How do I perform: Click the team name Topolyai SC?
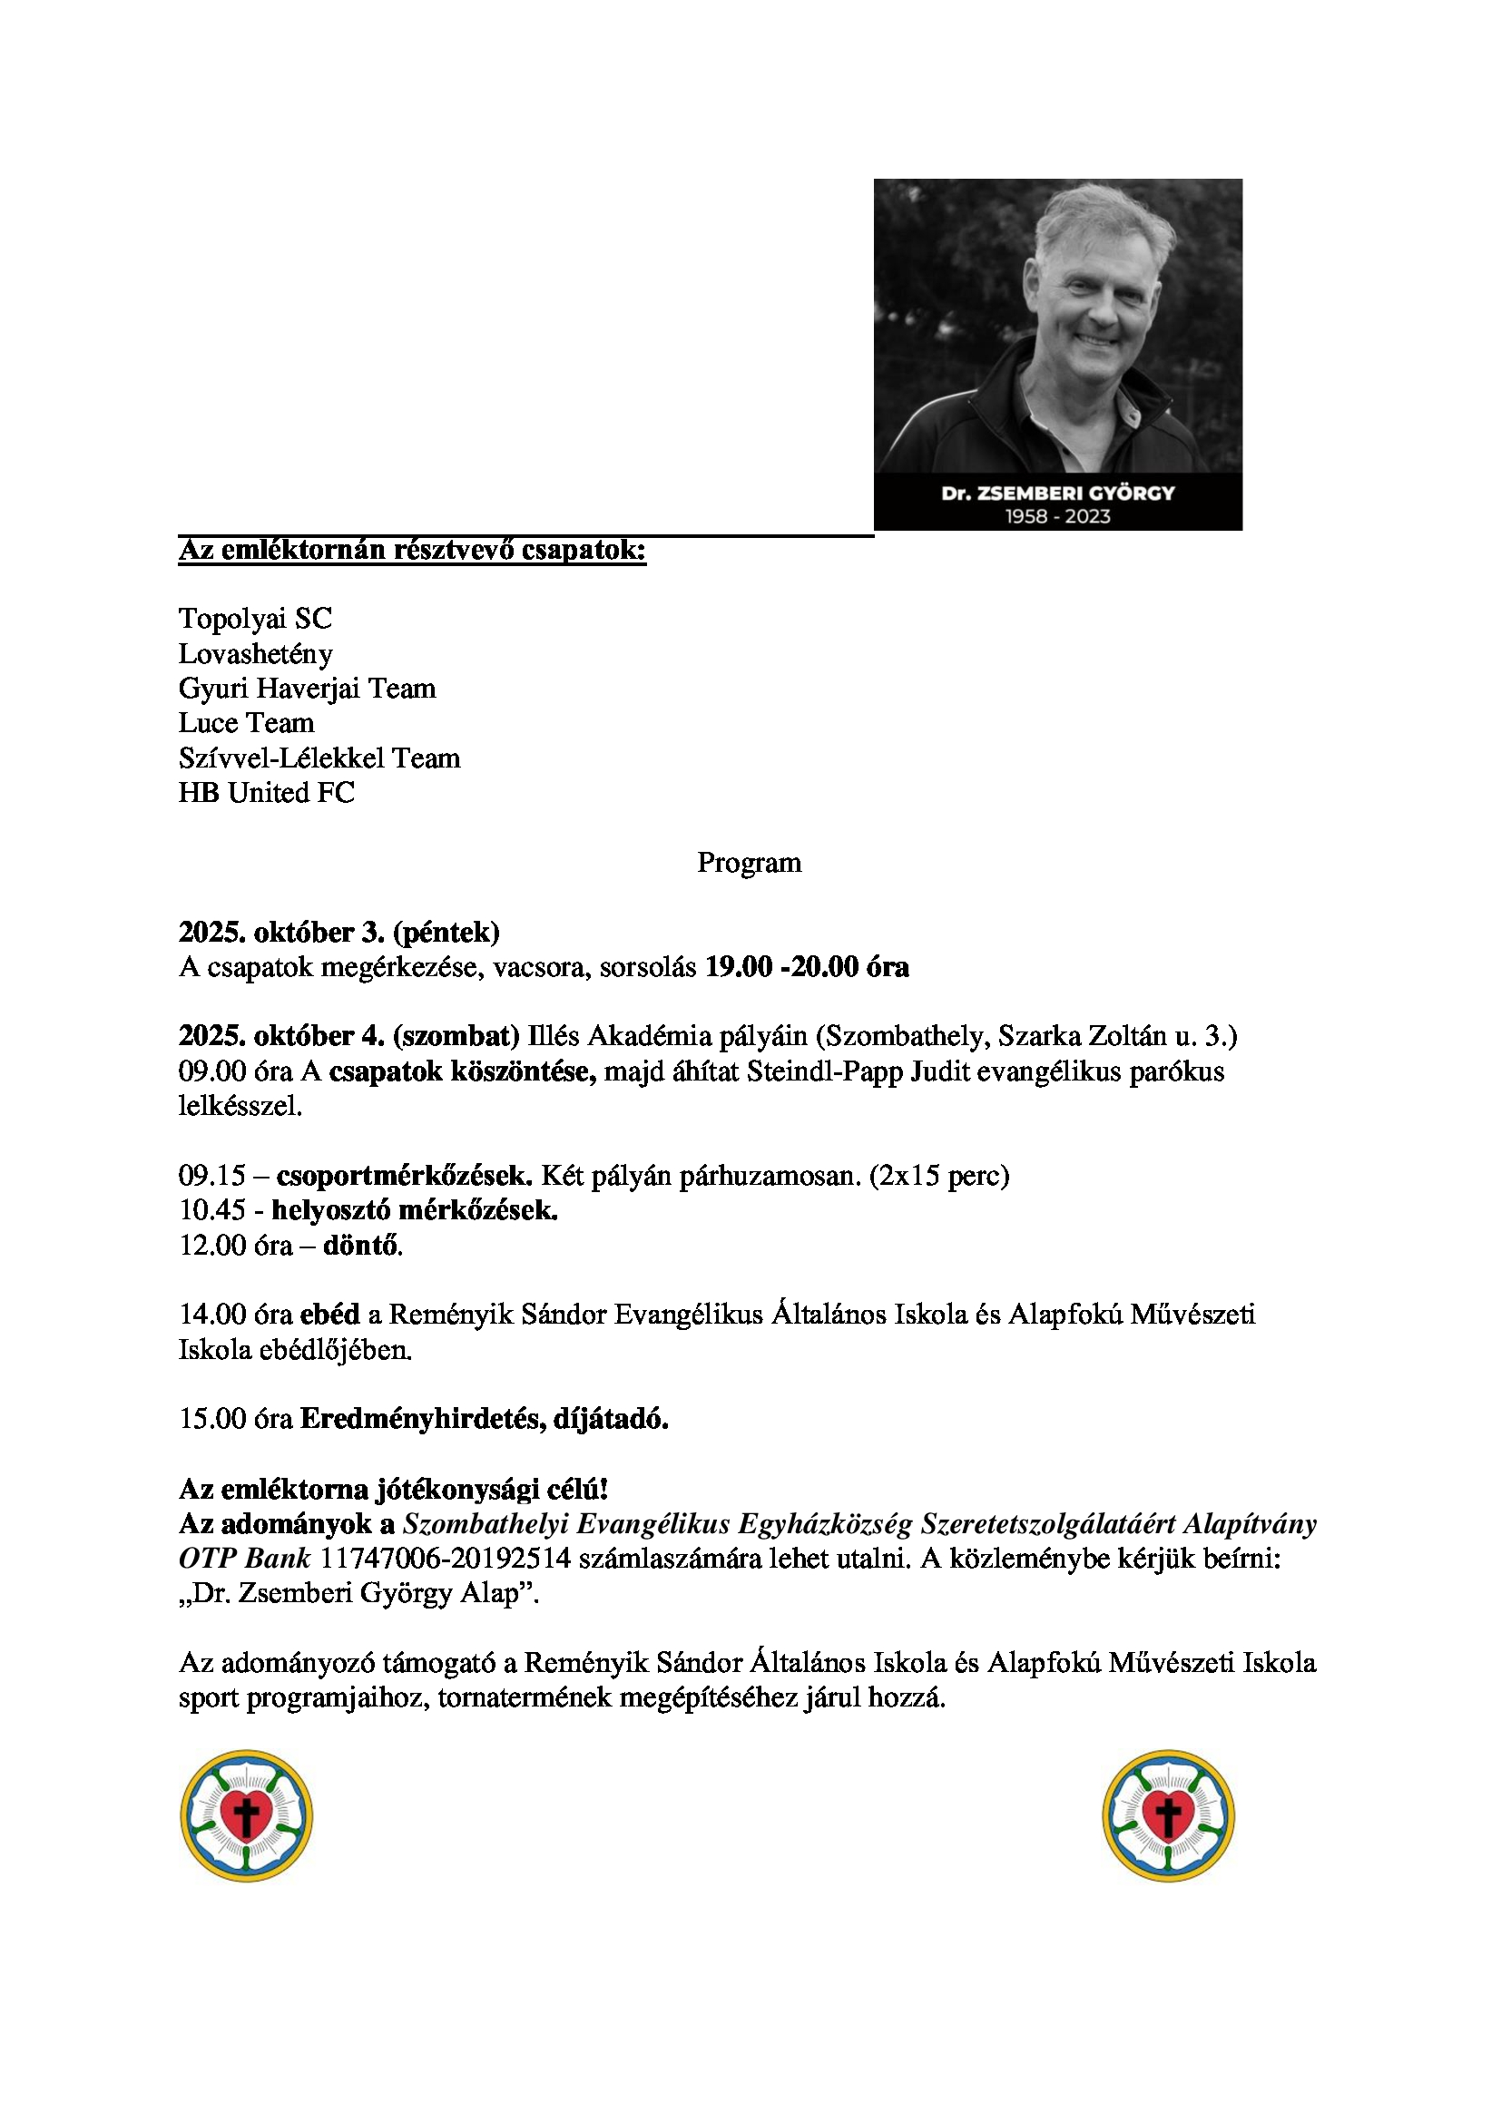255,619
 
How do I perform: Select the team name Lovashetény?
256,654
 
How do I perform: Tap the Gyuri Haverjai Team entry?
307,689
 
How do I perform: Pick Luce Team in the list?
247,723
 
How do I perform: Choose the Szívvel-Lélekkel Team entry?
319,758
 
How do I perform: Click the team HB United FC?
266,793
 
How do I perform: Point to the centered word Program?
749,862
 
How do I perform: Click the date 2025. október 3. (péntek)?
339,933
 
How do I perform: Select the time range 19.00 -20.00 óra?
807,968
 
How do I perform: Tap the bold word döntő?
361,1246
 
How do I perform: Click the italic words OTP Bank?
244,1560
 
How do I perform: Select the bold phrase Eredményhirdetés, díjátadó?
485,1419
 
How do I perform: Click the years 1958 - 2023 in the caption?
1057,516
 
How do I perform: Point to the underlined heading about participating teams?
412,551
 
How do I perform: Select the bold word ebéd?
330,1315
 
